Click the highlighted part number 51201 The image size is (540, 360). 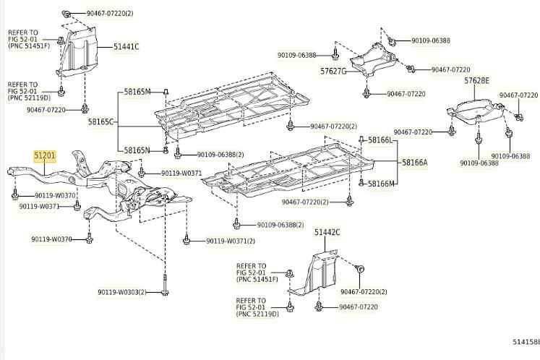point(44,155)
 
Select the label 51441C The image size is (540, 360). point(126,47)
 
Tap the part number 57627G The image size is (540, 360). point(333,72)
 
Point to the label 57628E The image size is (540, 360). point(476,80)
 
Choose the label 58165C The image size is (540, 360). point(101,122)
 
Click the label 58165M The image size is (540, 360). point(137,92)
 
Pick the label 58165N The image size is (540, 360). point(137,150)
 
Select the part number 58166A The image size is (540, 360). point(415,163)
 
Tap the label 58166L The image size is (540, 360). point(382,140)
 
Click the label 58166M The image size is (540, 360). point(382,184)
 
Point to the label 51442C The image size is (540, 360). point(327,232)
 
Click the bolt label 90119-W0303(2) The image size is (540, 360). point(122,292)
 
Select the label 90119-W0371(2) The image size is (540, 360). point(231,241)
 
